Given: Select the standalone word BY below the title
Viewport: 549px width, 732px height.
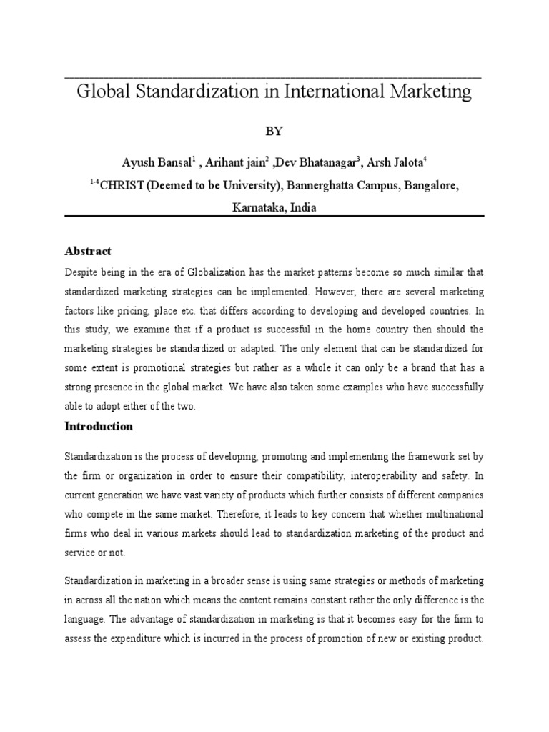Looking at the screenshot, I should [x=274, y=132].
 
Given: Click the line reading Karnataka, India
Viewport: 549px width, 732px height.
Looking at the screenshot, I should [x=274, y=208].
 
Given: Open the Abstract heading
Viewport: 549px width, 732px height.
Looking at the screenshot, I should [x=89, y=251].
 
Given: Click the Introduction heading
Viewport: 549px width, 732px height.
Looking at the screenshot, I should [x=99, y=426].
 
